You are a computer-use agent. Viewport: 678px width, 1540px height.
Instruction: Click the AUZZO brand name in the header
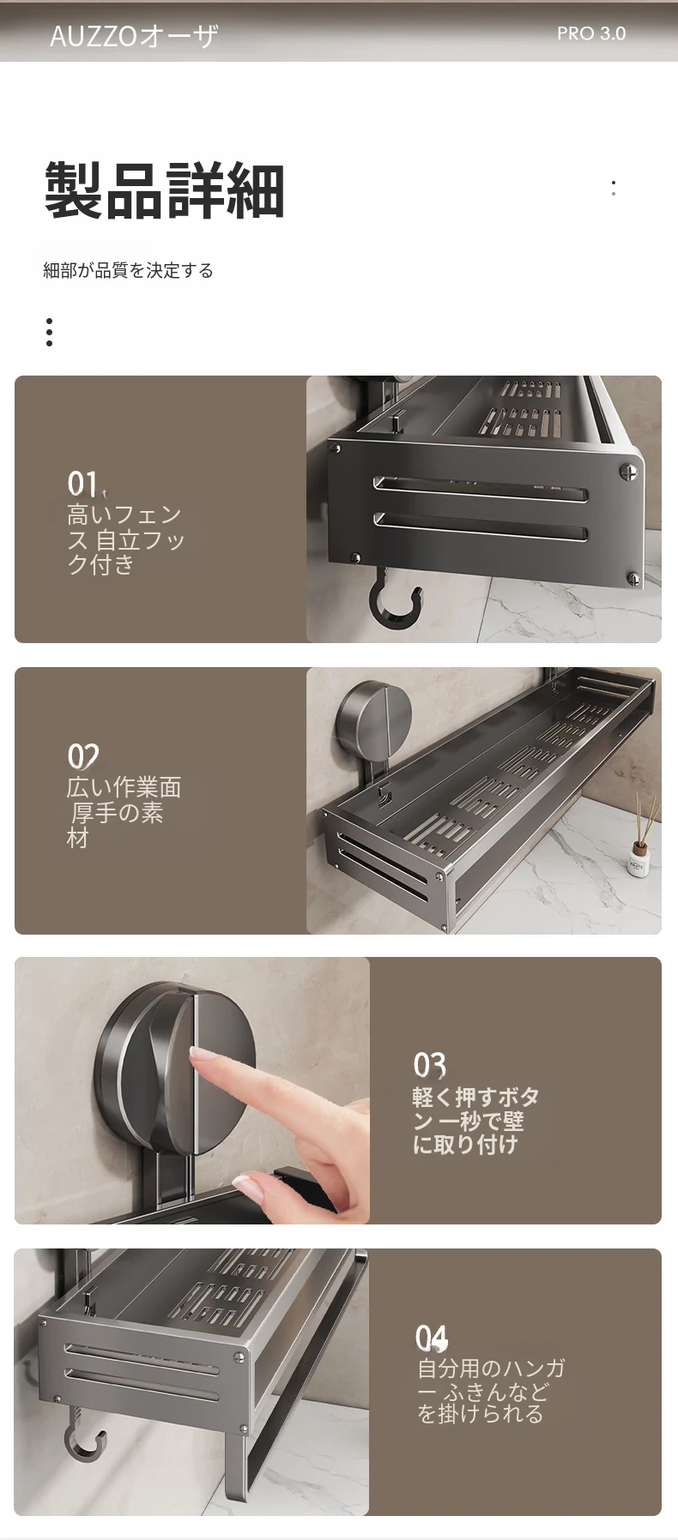pyautogui.click(x=134, y=36)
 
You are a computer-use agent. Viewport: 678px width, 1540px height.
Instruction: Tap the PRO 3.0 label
pyautogui.click(x=591, y=33)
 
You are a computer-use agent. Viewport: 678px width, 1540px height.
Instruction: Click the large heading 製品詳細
pyautogui.click(x=165, y=189)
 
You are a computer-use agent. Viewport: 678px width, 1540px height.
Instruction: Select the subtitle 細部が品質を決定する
pyautogui.click(x=129, y=271)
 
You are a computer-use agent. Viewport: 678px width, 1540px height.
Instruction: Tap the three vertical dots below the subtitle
pyautogui.click(x=50, y=332)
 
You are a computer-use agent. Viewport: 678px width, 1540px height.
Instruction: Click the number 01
pyautogui.click(x=82, y=484)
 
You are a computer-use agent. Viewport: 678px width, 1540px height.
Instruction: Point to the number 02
pyautogui.click(x=83, y=756)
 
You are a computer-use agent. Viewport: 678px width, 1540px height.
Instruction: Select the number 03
pyautogui.click(x=430, y=1065)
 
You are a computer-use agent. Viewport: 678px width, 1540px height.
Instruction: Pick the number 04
pyautogui.click(x=432, y=1338)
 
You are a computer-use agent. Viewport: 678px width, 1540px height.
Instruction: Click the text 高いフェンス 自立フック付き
pyautogui.click(x=126, y=539)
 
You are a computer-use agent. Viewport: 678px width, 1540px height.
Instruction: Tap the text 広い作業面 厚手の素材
pyautogui.click(x=124, y=812)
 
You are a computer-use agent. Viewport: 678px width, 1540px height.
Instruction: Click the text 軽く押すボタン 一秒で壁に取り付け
pyautogui.click(x=476, y=1121)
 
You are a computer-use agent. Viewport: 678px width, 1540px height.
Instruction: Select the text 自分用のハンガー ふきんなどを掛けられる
pyautogui.click(x=491, y=1392)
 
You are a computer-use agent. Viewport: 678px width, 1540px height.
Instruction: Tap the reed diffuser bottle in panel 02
pyautogui.click(x=639, y=850)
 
